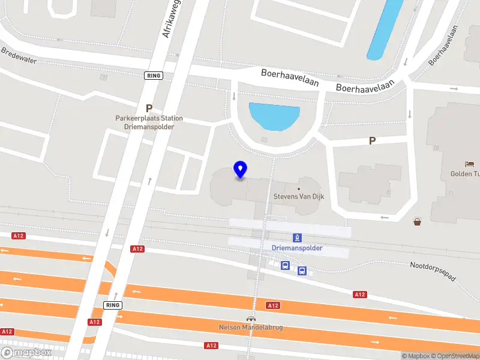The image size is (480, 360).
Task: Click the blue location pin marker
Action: click(x=241, y=170)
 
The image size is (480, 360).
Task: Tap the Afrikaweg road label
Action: click(x=172, y=19)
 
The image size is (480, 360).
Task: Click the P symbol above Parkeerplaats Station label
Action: click(x=149, y=109)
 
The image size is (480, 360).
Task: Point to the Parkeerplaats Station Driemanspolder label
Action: click(x=149, y=122)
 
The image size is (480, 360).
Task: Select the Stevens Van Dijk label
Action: click(x=298, y=196)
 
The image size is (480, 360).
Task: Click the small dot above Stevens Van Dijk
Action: click(x=298, y=188)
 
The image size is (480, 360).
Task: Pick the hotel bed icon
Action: click(x=469, y=164)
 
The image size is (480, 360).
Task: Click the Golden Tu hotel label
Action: click(x=465, y=174)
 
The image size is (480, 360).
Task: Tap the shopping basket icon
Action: click(x=418, y=222)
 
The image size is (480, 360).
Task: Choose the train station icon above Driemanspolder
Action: click(x=297, y=238)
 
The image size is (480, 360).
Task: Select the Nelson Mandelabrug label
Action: click(x=250, y=328)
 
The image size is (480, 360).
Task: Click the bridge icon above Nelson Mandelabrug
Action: click(x=250, y=319)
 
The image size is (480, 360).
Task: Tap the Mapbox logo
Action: click(x=26, y=353)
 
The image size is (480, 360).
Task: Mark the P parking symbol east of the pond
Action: click(x=372, y=141)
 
